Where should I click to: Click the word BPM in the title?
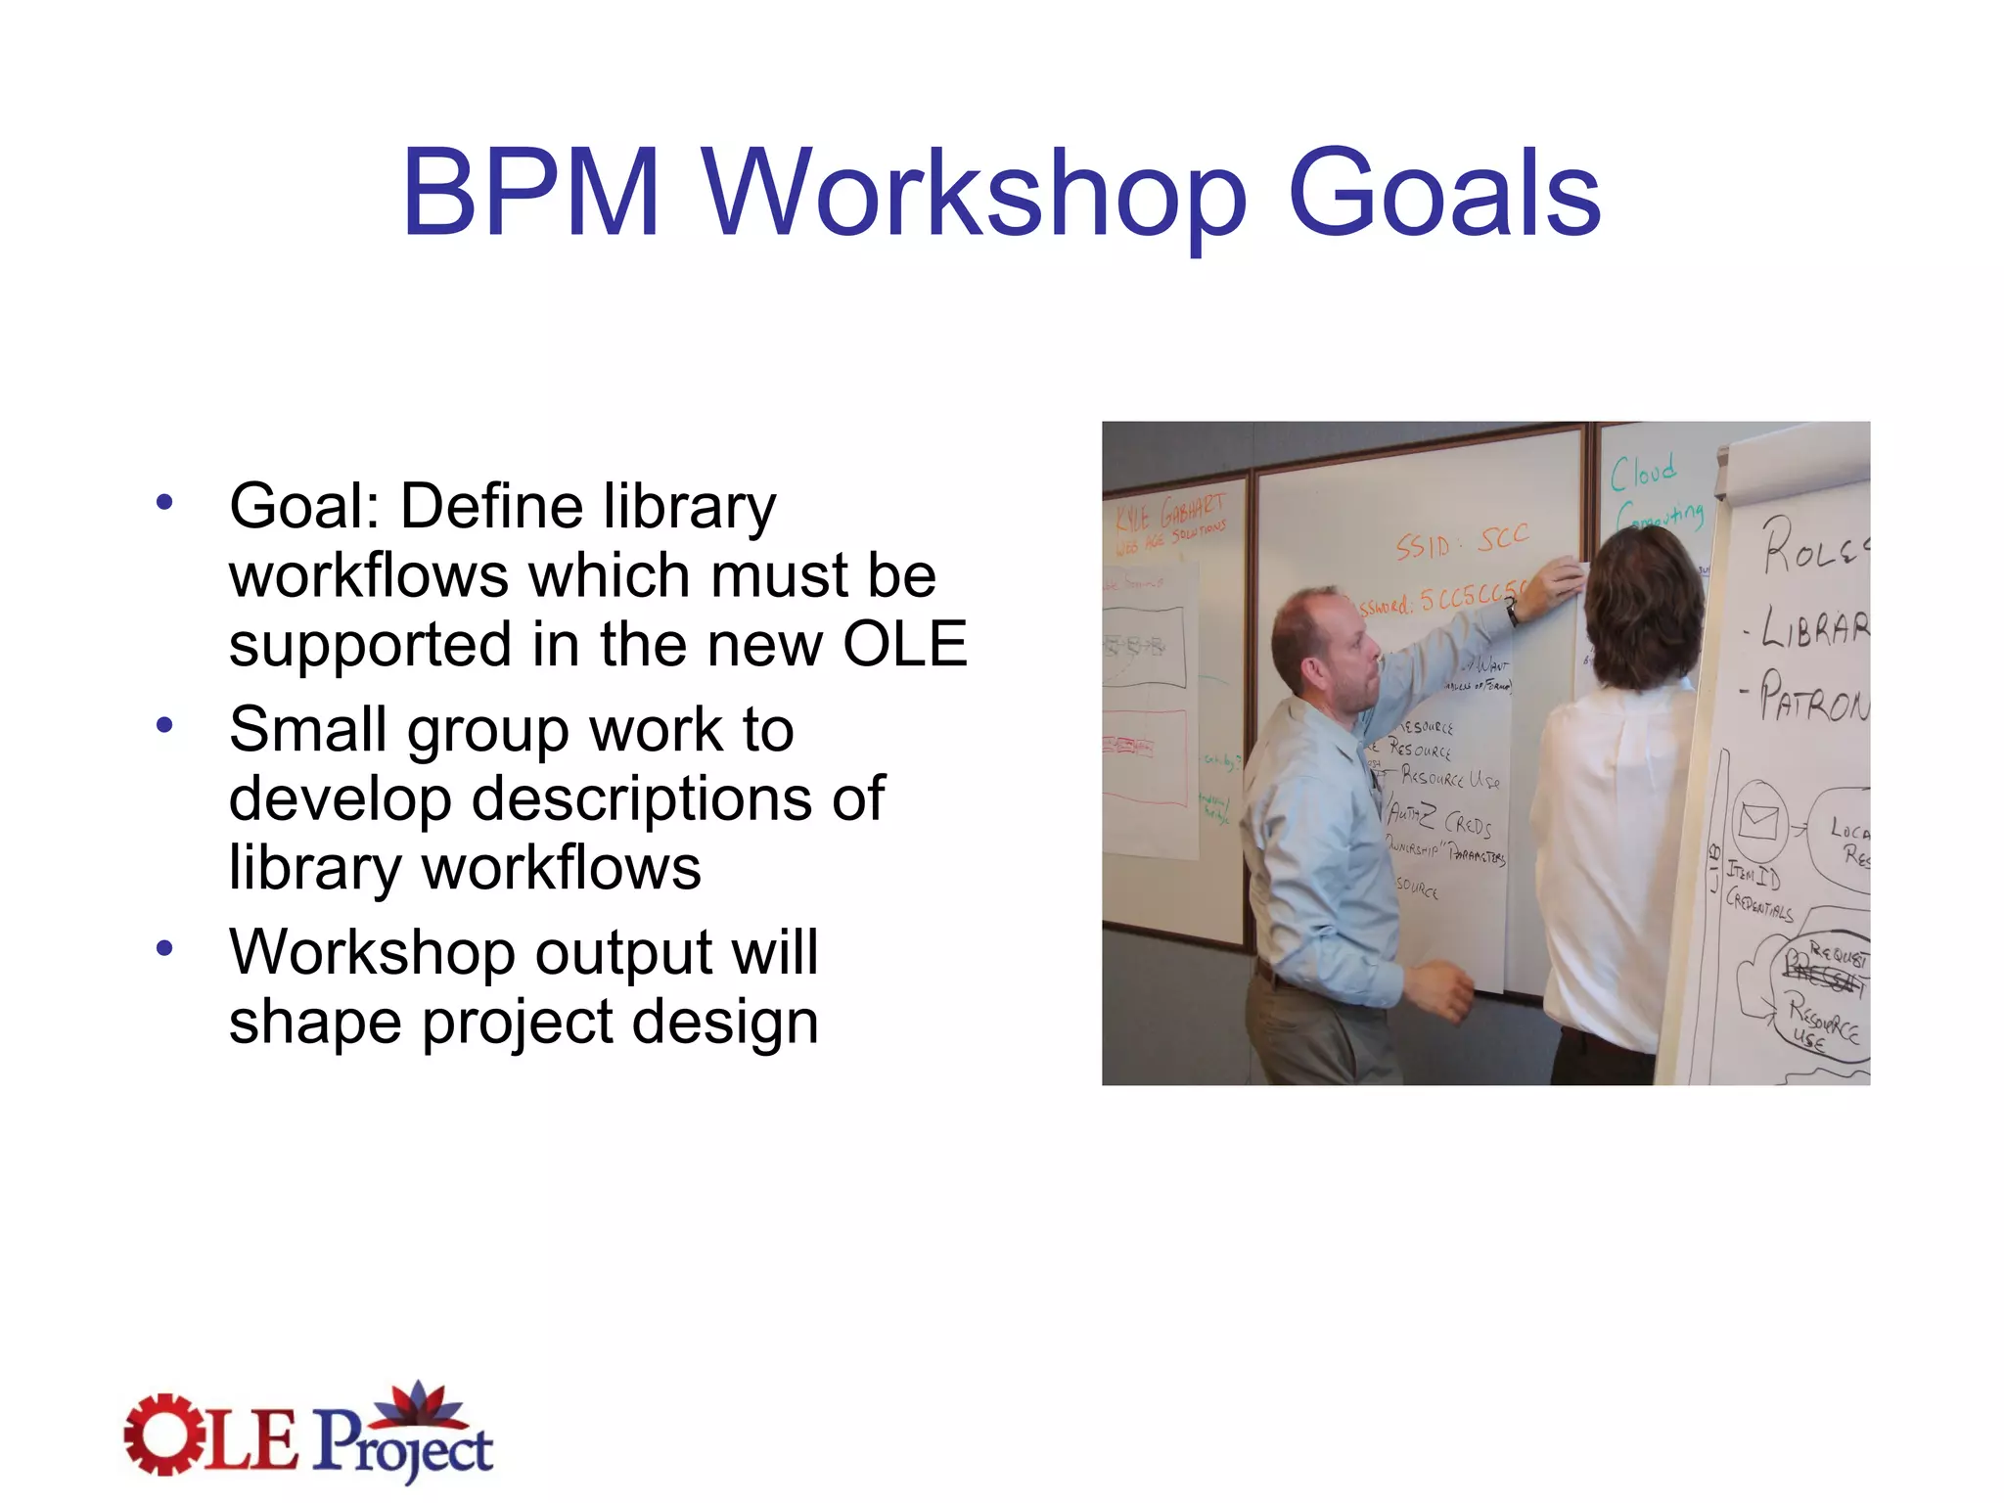click(x=530, y=193)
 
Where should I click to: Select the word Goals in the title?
click(x=1444, y=193)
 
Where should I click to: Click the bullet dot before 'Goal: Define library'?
click(x=164, y=503)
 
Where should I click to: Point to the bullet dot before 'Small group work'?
click(x=164, y=725)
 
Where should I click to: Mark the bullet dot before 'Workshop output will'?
click(x=164, y=948)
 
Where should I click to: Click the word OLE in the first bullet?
click(x=905, y=645)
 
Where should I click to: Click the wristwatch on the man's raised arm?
click(x=1513, y=613)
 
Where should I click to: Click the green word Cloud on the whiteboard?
click(x=1644, y=473)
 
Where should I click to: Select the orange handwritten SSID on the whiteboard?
click(x=1424, y=546)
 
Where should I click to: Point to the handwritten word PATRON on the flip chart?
click(x=1812, y=697)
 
